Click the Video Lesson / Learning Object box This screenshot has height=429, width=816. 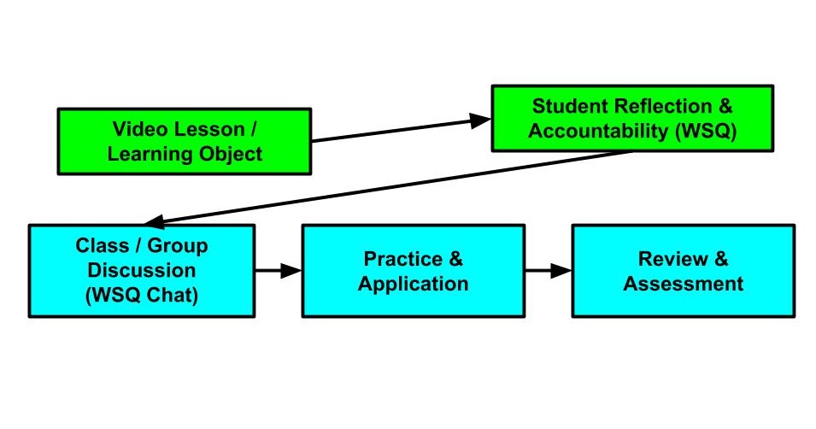(x=184, y=141)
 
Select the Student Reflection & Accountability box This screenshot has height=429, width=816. (x=632, y=118)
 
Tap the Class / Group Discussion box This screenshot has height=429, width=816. (x=142, y=271)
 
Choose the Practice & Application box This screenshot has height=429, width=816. (x=413, y=271)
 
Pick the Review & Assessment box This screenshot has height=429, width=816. (x=683, y=271)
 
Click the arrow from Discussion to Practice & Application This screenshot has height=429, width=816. (x=279, y=271)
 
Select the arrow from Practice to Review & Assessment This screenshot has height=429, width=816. (x=549, y=271)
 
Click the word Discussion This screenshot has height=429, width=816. (x=142, y=270)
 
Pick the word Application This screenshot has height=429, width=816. (x=413, y=284)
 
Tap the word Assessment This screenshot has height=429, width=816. (x=683, y=284)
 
